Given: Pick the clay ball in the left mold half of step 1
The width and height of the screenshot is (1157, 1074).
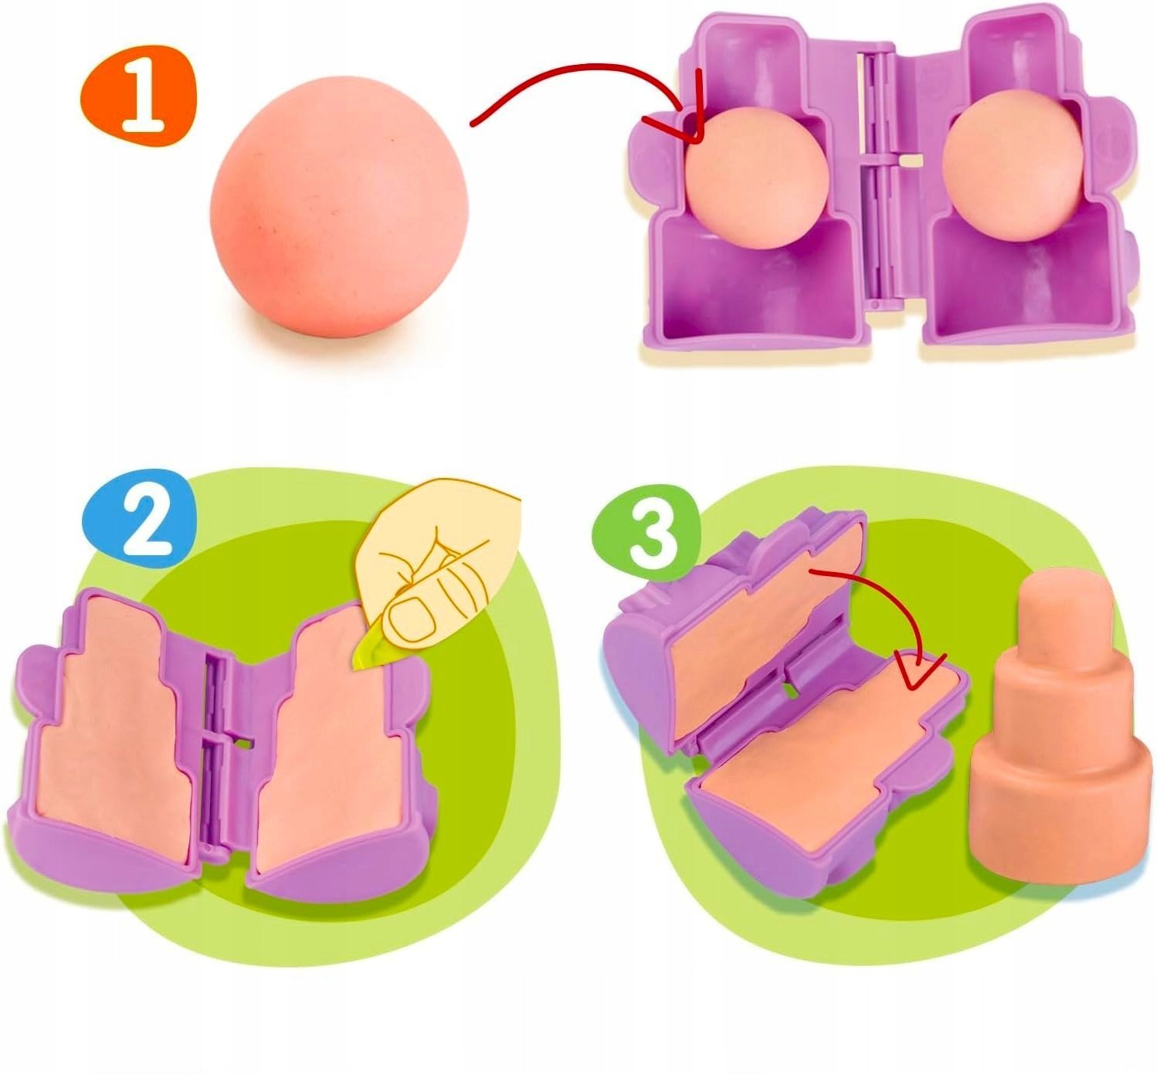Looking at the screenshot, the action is click(x=755, y=178).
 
